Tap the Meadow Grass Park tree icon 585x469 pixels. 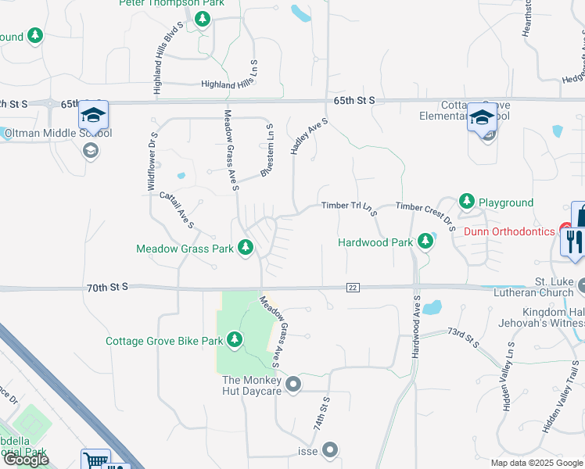tap(246, 248)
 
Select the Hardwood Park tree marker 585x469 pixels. tap(425, 241)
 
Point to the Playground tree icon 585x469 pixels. tap(467, 202)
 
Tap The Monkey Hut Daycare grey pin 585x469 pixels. tap(293, 384)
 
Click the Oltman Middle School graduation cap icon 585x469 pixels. tap(93, 116)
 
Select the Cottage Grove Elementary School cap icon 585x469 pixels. tap(482, 119)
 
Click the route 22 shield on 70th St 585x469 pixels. tap(353, 288)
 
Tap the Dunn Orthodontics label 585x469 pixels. tap(508, 231)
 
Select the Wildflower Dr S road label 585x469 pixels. tap(152, 161)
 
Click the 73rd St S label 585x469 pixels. tap(462, 338)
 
